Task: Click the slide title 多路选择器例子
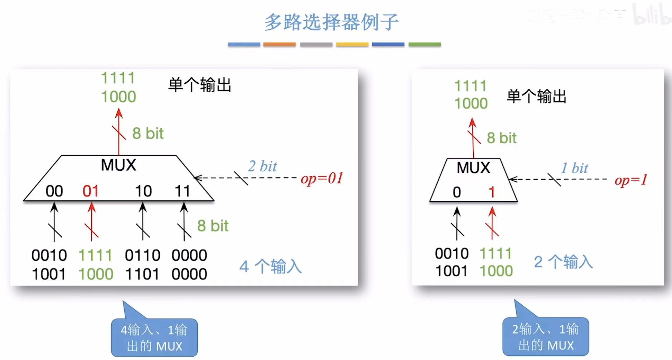(331, 22)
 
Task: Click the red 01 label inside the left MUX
(90, 191)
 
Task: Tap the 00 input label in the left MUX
(54, 191)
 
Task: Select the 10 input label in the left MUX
(143, 191)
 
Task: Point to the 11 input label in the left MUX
(182, 191)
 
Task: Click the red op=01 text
(322, 178)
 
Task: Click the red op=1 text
(631, 180)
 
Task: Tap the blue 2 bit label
(262, 166)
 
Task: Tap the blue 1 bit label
(574, 168)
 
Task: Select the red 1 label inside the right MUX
(492, 193)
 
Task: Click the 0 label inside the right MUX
(456, 193)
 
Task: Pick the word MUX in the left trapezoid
(119, 165)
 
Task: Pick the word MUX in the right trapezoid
(473, 167)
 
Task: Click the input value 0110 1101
(142, 265)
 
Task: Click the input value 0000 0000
(189, 265)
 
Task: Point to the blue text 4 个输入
(270, 267)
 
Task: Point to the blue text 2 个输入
(563, 262)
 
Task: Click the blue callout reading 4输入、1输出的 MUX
(154, 337)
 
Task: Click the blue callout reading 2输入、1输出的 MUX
(546, 337)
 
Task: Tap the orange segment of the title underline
(279, 44)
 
